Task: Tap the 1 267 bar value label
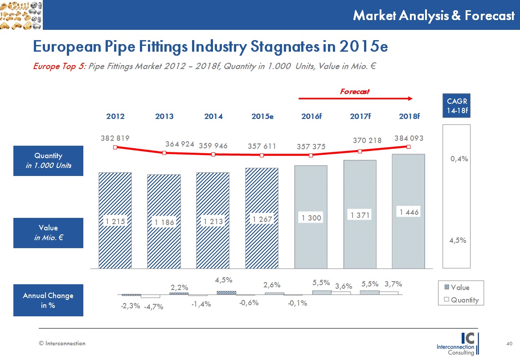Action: coord(262,219)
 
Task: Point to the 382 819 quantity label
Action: coord(115,139)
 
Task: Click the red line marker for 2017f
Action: coord(360,151)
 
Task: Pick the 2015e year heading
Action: coord(262,117)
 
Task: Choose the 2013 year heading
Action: coord(164,117)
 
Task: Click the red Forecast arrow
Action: coord(356,98)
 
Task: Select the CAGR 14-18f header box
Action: coord(457,106)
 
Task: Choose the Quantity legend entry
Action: coord(461,300)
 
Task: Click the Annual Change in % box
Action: coord(48,300)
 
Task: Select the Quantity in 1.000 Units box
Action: coord(48,161)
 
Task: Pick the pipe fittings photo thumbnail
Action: coord(21,15)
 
